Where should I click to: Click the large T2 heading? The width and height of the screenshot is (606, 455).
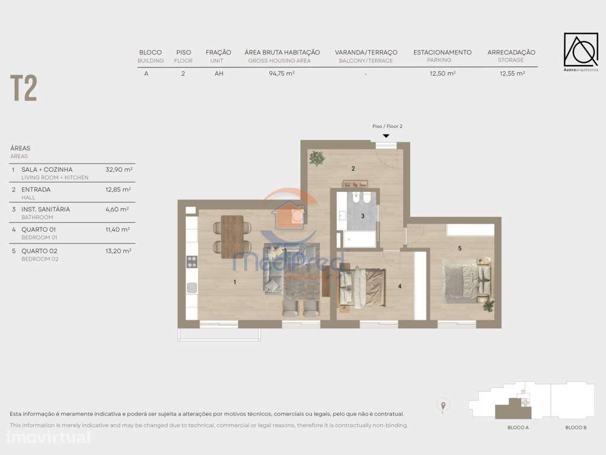24,89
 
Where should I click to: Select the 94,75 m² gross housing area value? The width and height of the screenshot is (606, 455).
282,73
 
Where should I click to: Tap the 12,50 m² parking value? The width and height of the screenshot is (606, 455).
442,73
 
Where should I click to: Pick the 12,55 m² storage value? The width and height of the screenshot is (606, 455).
512,73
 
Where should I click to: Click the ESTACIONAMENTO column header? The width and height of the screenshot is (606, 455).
442,52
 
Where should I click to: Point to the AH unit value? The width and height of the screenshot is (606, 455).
218,73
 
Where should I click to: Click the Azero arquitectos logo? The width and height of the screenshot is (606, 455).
581,52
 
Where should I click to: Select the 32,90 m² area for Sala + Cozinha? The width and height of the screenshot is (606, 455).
118,169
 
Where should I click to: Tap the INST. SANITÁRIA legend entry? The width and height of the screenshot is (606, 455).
46,209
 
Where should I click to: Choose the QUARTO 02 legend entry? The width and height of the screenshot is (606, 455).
39,251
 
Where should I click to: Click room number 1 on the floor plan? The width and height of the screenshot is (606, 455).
235,283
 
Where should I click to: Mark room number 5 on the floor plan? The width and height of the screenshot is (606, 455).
459,248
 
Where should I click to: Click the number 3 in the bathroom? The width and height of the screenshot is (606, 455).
363,216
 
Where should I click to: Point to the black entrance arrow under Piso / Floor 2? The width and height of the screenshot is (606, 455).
386,136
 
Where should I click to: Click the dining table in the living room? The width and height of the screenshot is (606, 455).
233,236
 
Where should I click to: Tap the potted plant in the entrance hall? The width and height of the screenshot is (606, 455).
318,158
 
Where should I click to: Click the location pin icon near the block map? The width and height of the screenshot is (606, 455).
442,405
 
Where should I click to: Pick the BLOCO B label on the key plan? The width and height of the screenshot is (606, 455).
575,427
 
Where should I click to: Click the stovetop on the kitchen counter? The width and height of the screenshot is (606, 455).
192,261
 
